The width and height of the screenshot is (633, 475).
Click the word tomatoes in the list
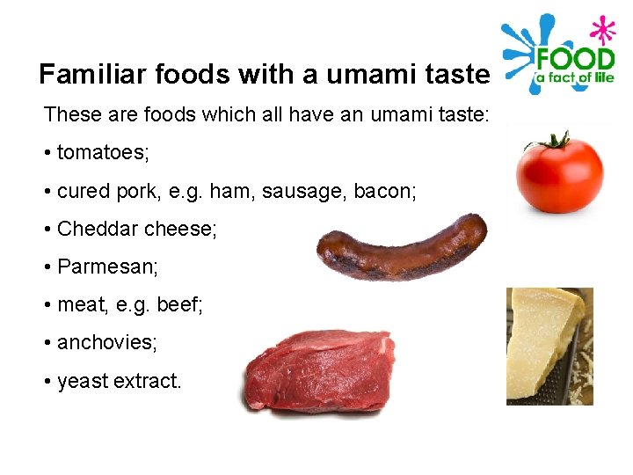(x=103, y=153)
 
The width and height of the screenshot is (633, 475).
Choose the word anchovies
(x=107, y=342)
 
